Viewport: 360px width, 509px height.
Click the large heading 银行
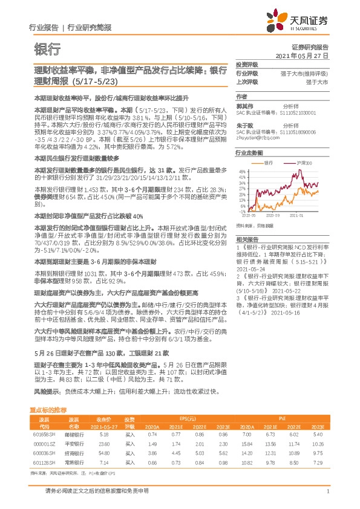click(46, 48)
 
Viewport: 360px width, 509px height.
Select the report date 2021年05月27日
click(302, 55)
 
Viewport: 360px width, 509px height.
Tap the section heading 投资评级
click(246, 64)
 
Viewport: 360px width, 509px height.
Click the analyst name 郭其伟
click(244, 105)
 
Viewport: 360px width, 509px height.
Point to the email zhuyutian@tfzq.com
click(257, 137)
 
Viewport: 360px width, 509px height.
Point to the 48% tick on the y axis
click(241, 172)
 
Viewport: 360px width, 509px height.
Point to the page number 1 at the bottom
click(327, 491)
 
